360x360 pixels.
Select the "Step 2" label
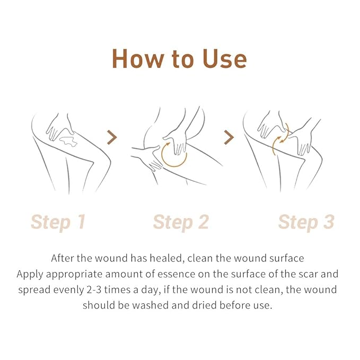click(x=180, y=222)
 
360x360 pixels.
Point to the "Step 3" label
click(x=306, y=222)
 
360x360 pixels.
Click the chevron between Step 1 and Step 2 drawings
click(x=111, y=138)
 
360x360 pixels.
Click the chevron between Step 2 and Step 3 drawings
click(x=229, y=138)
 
